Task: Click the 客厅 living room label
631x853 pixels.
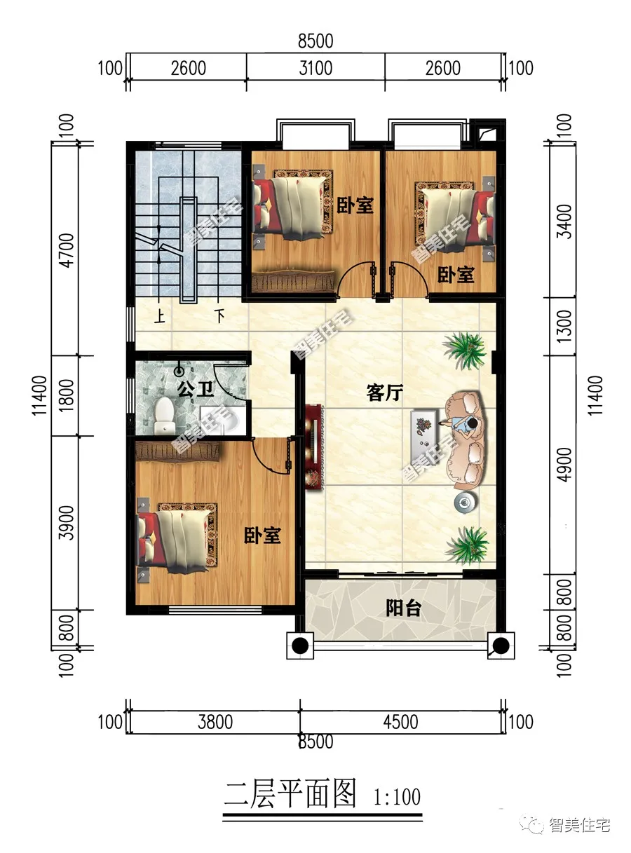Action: pyautogui.click(x=384, y=393)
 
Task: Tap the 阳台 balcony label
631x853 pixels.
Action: pyautogui.click(x=403, y=608)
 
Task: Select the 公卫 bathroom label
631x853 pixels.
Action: pyautogui.click(x=194, y=390)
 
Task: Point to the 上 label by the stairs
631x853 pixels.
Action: pyautogui.click(x=161, y=318)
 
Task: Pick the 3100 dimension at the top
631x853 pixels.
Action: pyautogui.click(x=315, y=68)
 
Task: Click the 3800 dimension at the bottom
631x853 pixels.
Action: pyautogui.click(x=215, y=721)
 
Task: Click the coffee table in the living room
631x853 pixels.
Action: pyautogui.click(x=423, y=427)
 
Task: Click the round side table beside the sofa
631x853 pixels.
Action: pyautogui.click(x=463, y=501)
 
